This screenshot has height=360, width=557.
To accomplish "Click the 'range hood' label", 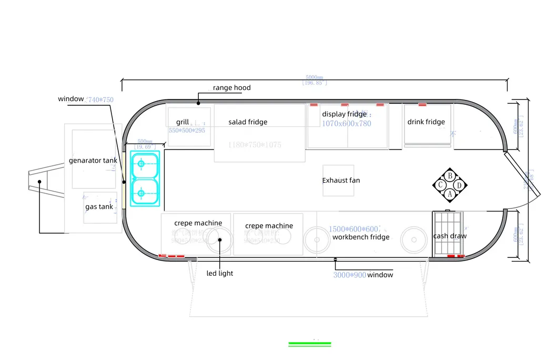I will [231, 88].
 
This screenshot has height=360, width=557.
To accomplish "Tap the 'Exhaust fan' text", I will [341, 181].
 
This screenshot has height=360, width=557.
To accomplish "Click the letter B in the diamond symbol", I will [450, 176].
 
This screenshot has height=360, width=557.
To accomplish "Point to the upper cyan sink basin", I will [145, 164].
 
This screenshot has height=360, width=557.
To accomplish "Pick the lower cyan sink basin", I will [145, 193].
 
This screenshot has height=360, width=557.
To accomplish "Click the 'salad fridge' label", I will [248, 122].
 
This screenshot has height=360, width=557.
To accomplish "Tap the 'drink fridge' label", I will [426, 122].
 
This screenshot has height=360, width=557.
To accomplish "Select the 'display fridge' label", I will [344, 114].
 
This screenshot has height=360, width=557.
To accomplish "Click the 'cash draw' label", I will [450, 236].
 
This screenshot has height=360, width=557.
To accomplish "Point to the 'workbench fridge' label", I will [361, 237].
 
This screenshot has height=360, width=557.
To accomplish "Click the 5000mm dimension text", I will [315, 77].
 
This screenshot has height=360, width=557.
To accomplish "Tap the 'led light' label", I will [219, 273].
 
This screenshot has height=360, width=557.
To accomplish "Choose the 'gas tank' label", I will [99, 207].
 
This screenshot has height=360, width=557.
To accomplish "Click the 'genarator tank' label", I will [93, 161].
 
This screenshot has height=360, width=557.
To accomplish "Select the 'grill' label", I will [183, 122].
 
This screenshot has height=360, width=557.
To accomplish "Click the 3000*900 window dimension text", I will [349, 275].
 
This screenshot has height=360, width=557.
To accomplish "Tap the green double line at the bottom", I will [309, 344].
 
